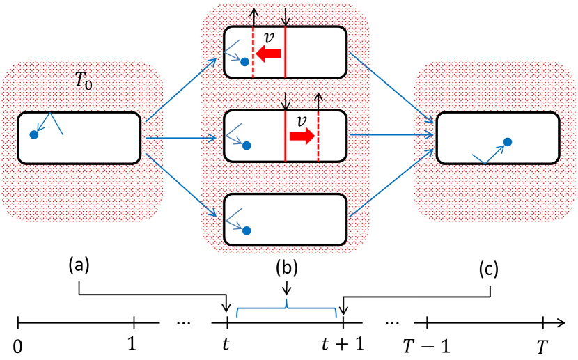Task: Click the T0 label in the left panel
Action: tap(84, 81)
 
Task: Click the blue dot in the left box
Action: tap(34, 134)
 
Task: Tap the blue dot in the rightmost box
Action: tap(508, 142)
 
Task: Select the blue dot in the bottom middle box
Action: tap(247, 230)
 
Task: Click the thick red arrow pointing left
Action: tap(268, 54)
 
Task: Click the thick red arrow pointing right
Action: tap(302, 136)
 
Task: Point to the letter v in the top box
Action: tap(269, 38)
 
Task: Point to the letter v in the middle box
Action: tap(301, 121)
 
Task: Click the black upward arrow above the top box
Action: tap(254, 17)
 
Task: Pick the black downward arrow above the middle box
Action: tap(286, 102)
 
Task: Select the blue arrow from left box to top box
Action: tap(181, 91)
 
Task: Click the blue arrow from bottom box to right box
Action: tap(391, 182)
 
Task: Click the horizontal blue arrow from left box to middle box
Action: tap(181, 138)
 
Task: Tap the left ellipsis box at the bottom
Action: tap(185, 322)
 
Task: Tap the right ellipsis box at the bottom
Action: tap(388, 320)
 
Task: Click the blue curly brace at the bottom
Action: tap(287, 308)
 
